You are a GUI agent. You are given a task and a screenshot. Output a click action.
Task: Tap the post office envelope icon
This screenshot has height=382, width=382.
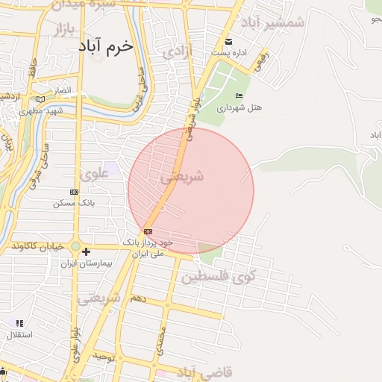point(228,42)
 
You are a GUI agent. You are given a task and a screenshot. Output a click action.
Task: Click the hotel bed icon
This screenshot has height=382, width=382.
point(239,96)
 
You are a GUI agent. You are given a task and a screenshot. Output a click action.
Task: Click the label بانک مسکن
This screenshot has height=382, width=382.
point(72,202)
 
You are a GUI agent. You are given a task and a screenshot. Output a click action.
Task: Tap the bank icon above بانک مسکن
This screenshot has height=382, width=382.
point(72,192)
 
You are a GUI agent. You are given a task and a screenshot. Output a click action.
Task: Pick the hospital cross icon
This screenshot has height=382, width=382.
point(87,252)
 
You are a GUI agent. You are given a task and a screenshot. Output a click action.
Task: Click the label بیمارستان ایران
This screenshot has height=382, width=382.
point(107,264)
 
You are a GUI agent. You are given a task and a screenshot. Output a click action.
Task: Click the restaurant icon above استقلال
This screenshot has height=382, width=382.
point(19,323)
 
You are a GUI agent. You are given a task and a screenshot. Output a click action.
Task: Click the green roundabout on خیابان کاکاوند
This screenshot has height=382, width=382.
point(75,246)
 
